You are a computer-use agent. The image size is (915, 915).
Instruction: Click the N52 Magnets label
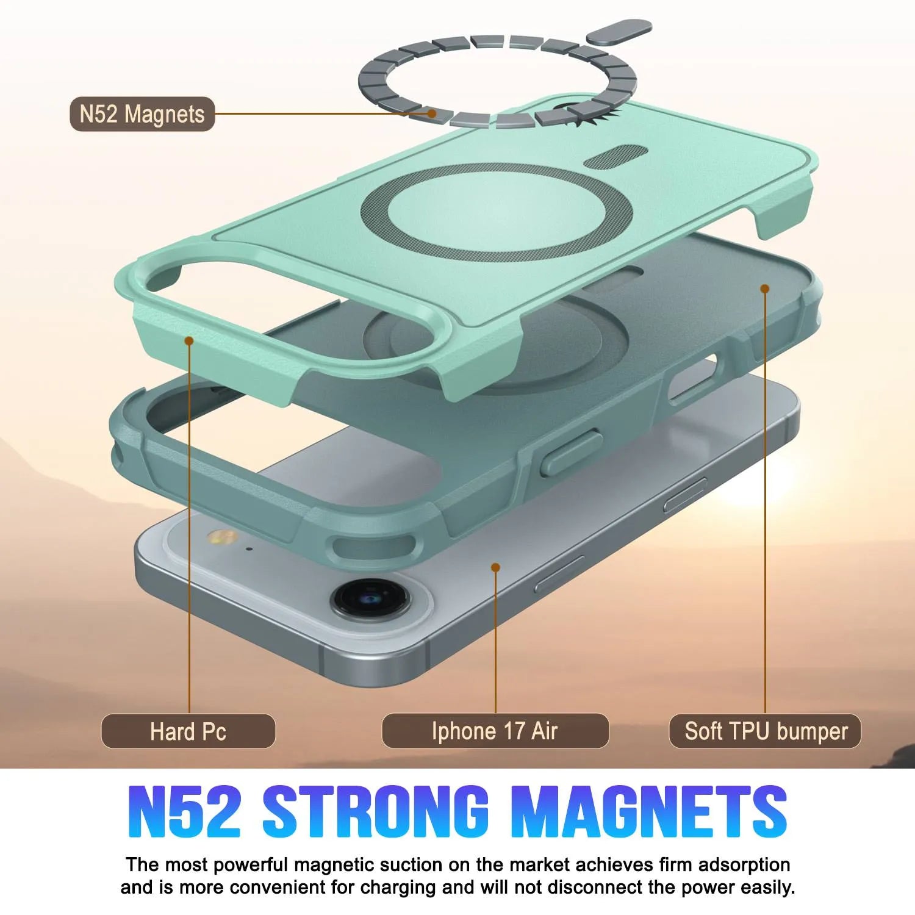pos(142,114)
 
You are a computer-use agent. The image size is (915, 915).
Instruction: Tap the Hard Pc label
pos(188,731)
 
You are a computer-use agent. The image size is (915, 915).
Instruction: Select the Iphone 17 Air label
pos(495,731)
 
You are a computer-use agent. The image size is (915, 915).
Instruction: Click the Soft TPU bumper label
pos(766,731)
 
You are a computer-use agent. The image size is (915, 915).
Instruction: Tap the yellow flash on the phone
pos(222,537)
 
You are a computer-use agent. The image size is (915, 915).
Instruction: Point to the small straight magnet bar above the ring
pos(619,32)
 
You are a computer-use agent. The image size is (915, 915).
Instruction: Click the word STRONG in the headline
pos(375,811)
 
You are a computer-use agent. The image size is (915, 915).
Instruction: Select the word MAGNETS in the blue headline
pos(648,811)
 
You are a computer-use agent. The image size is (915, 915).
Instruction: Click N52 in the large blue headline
pos(184,811)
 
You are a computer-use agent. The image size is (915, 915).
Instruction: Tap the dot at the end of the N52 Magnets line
pos(432,113)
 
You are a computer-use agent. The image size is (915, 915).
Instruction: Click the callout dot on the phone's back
pos(495,567)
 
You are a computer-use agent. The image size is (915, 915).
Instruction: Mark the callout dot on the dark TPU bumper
pos(765,288)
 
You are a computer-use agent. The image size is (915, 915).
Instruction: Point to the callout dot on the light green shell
pos(189,340)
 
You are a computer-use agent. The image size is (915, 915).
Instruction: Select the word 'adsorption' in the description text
pos(744,864)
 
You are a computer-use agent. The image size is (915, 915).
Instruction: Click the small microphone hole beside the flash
pos(249,548)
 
